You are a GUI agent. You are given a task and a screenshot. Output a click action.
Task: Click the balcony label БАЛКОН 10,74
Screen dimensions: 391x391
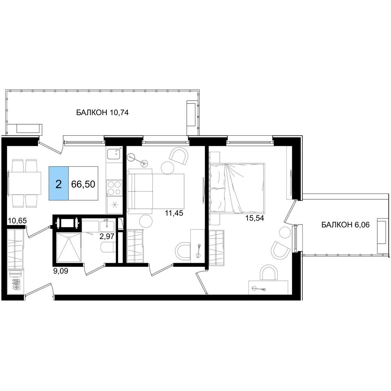(x=102, y=113)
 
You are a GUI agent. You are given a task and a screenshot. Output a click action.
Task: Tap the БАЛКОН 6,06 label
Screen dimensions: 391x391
(x=345, y=225)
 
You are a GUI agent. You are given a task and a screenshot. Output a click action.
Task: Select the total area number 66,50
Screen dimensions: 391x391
(x=83, y=184)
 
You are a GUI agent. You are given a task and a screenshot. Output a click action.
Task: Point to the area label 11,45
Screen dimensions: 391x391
(x=174, y=213)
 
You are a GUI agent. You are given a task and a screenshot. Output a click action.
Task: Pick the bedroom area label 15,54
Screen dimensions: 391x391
(x=255, y=218)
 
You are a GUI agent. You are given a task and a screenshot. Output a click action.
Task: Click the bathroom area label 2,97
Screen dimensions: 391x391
(x=107, y=236)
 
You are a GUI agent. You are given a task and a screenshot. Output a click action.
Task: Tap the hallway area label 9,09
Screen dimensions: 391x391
(x=61, y=271)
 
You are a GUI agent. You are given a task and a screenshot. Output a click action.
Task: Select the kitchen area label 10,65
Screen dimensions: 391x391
(x=18, y=221)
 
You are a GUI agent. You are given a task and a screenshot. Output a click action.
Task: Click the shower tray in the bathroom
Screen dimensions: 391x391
(x=69, y=248)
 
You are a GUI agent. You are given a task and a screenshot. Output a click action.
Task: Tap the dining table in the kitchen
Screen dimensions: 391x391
(x=25, y=183)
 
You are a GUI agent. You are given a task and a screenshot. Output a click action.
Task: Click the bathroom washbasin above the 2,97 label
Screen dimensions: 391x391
(x=107, y=226)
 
